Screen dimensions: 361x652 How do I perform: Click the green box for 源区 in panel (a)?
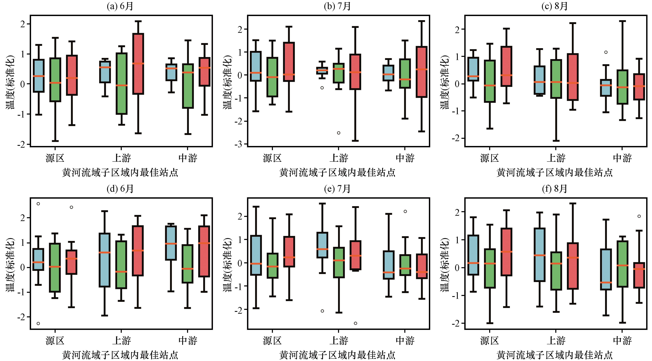[x=55, y=80]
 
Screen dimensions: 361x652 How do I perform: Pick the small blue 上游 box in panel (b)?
[x=322, y=70]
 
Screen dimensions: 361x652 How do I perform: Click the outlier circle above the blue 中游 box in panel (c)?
[x=606, y=52]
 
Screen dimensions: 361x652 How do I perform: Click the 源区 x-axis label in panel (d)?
[x=55, y=340]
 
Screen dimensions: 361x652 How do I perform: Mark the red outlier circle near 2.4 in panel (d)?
[x=71, y=207]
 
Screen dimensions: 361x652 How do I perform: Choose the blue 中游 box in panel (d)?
[x=171, y=243]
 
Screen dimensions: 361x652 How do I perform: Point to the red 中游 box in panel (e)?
[x=422, y=266]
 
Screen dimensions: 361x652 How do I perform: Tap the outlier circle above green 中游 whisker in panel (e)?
[x=405, y=211]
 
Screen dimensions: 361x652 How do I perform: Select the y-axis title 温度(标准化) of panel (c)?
[x=444, y=82]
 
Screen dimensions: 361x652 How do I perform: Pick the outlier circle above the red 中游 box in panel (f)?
[x=639, y=216]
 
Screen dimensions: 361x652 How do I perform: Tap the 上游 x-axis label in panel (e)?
[x=339, y=340]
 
